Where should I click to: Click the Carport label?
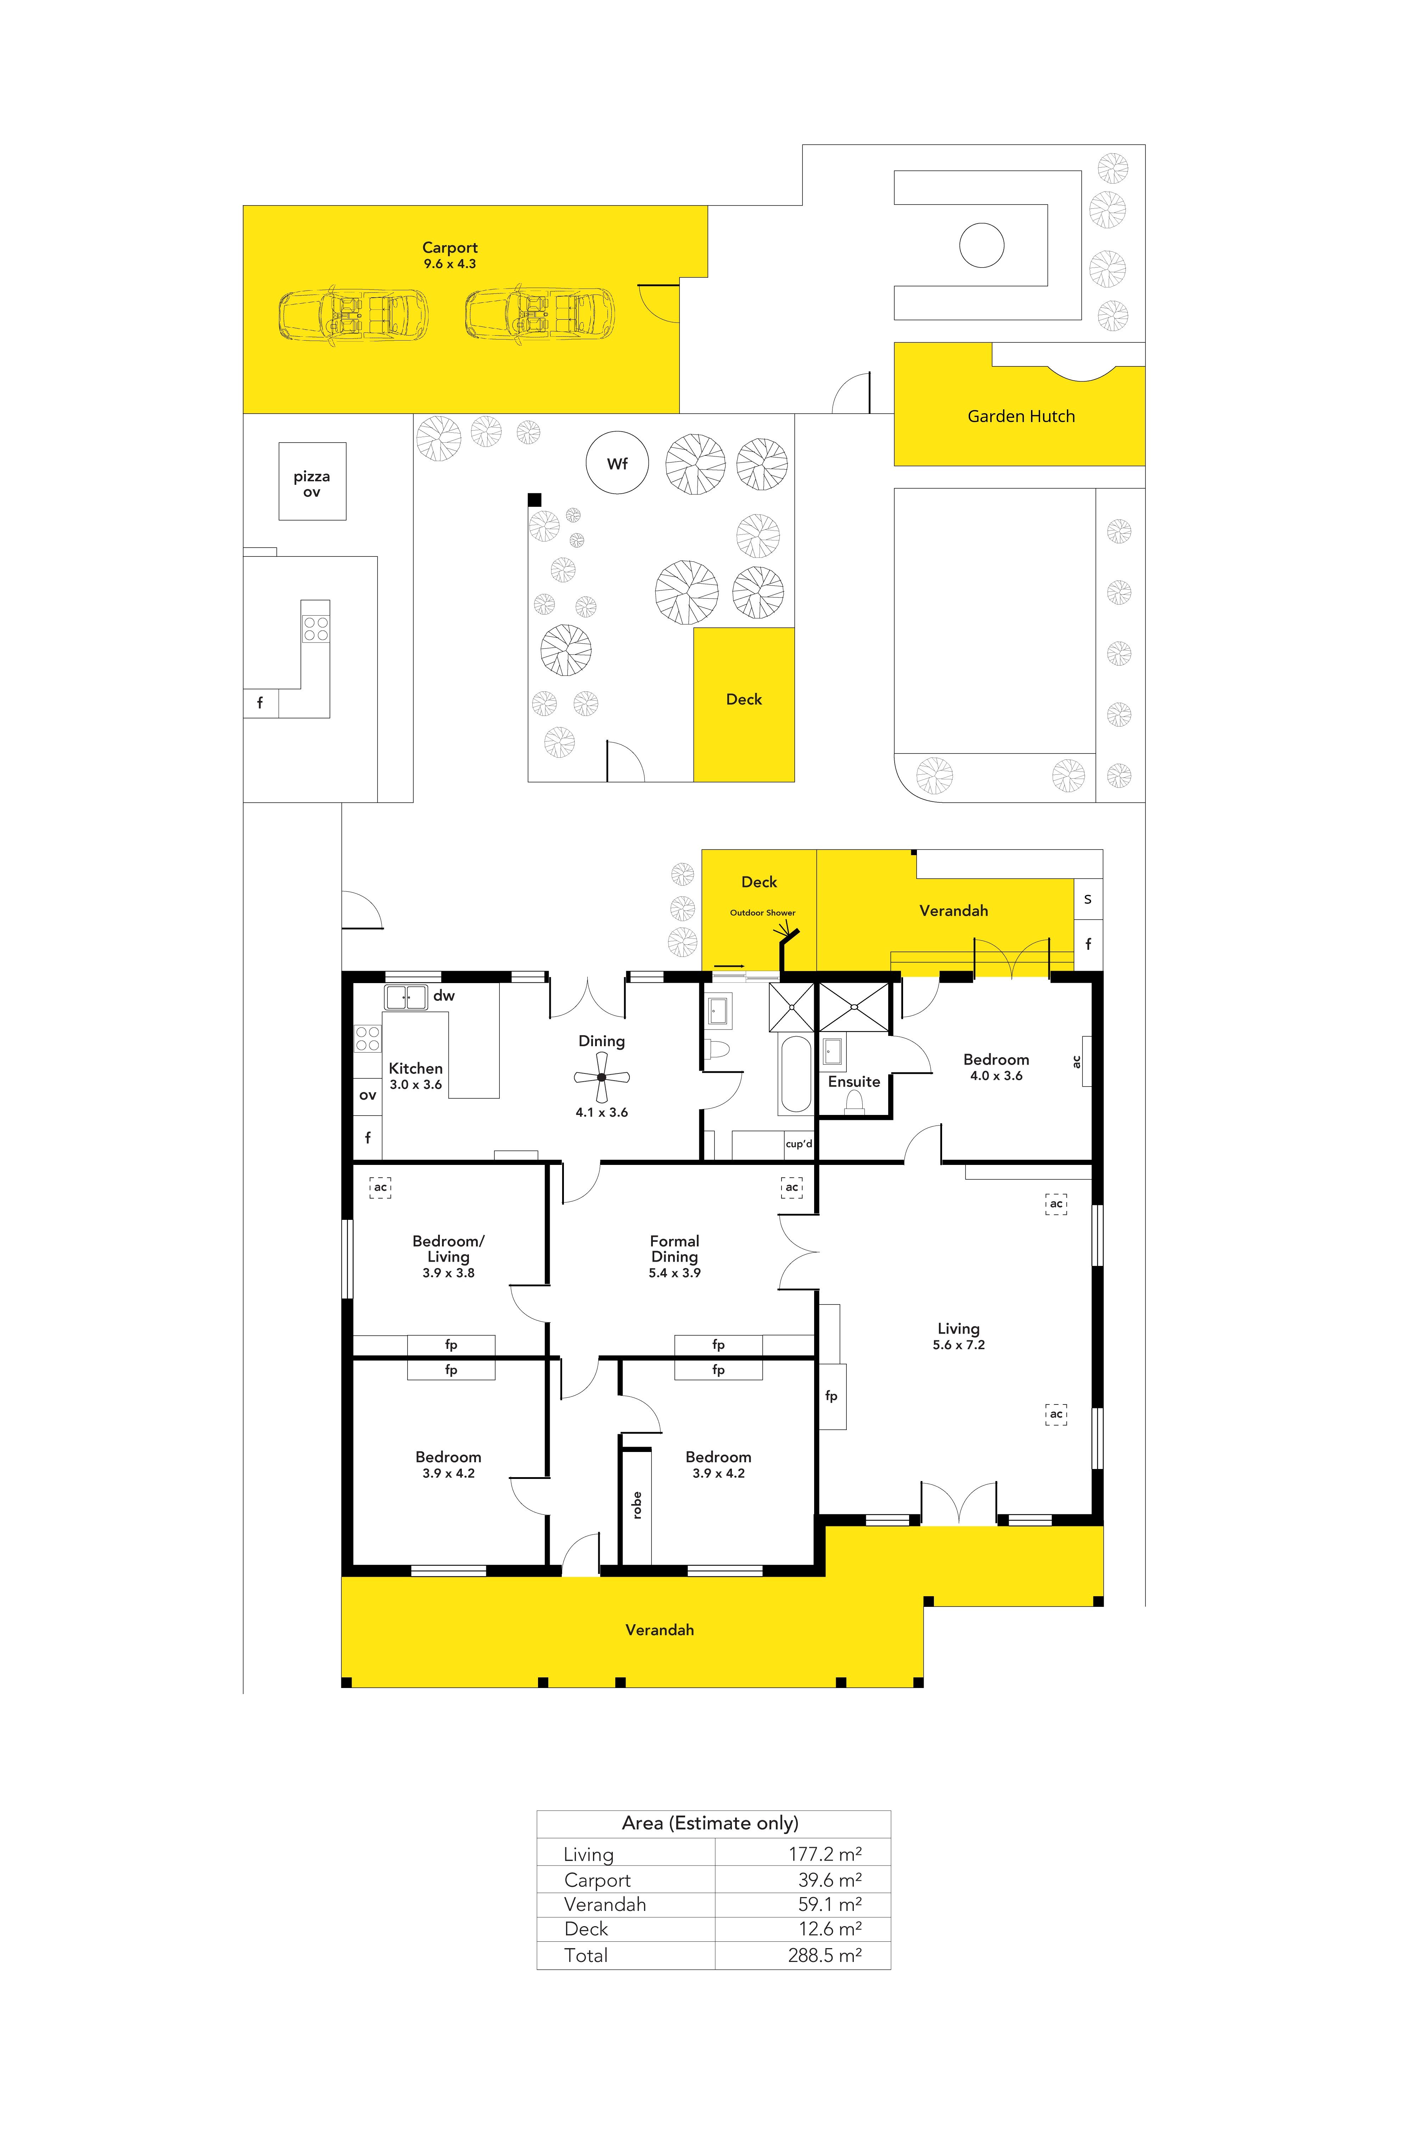click(x=450, y=248)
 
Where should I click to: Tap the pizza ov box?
click(x=312, y=481)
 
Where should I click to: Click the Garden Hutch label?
click(x=1021, y=416)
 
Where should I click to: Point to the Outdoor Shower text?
click(x=762, y=913)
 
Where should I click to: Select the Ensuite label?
click(x=854, y=1082)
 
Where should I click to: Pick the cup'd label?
click(x=799, y=1144)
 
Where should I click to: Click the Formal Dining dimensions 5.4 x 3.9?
click(x=675, y=1273)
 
